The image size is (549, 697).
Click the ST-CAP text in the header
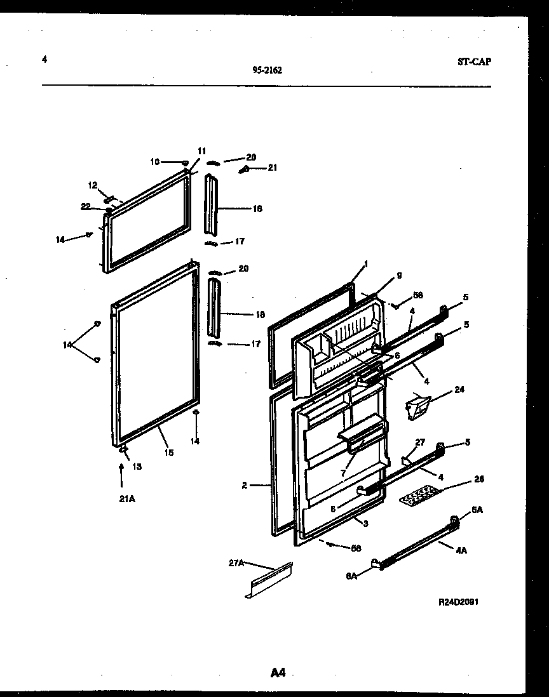pyautogui.click(x=473, y=62)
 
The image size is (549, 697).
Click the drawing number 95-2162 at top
pyautogui.click(x=267, y=71)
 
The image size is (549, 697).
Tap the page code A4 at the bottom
pyautogui.click(x=278, y=673)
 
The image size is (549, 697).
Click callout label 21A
pyautogui.click(x=126, y=499)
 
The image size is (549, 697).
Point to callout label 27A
pyautogui.click(x=235, y=562)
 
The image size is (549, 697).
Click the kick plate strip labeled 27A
pyautogui.click(x=269, y=579)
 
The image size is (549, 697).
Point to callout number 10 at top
pyautogui.click(x=154, y=162)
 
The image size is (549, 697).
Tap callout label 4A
pyautogui.click(x=462, y=550)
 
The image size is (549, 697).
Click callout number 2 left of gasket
pyautogui.click(x=244, y=486)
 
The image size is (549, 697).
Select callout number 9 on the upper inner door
pyautogui.click(x=398, y=275)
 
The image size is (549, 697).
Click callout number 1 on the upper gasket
pyautogui.click(x=366, y=263)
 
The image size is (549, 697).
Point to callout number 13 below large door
pyautogui.click(x=137, y=466)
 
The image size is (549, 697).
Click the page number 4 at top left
pyautogui.click(x=44, y=60)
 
